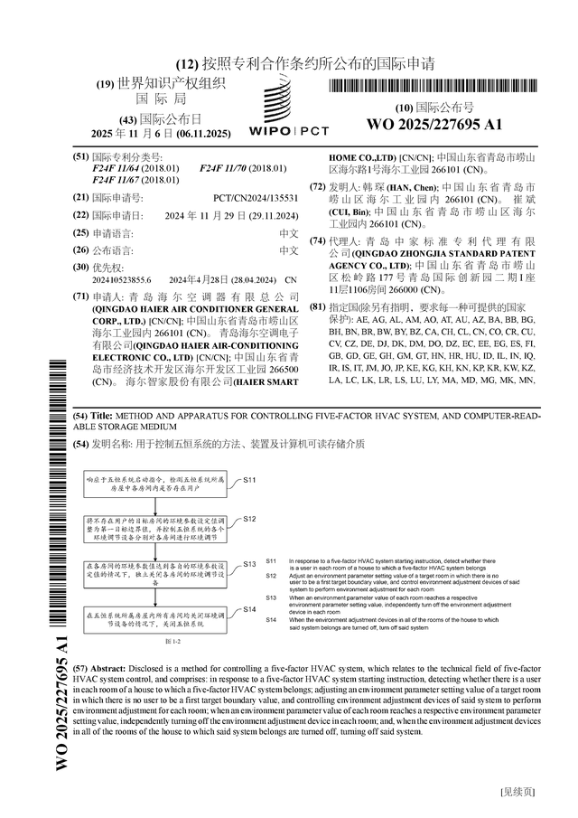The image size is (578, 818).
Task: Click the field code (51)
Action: [80, 157]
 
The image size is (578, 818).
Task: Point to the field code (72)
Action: [317, 186]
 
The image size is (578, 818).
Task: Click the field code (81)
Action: [317, 307]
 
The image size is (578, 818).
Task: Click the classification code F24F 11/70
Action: [229, 169]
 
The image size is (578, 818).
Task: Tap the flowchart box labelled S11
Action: [156, 486]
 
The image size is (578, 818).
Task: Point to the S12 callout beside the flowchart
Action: [250, 519]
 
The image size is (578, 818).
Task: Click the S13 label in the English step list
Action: [271, 597]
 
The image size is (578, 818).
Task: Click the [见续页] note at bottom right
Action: [517, 792]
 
